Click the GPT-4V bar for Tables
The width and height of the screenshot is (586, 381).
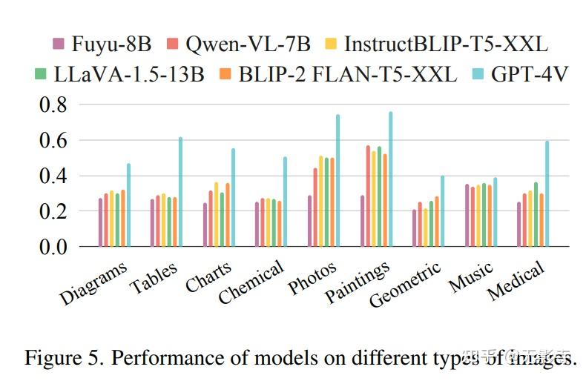[x=180, y=191]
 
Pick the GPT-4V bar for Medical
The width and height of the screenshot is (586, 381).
[x=547, y=193]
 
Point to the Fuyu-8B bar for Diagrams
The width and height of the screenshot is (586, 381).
[x=101, y=222]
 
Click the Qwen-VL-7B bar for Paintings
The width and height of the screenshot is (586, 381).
[x=368, y=196]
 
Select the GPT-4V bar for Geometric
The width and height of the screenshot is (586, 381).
[x=443, y=211]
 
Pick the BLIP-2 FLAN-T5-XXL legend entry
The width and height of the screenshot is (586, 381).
[x=338, y=74]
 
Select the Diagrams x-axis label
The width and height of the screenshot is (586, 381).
[x=95, y=283]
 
